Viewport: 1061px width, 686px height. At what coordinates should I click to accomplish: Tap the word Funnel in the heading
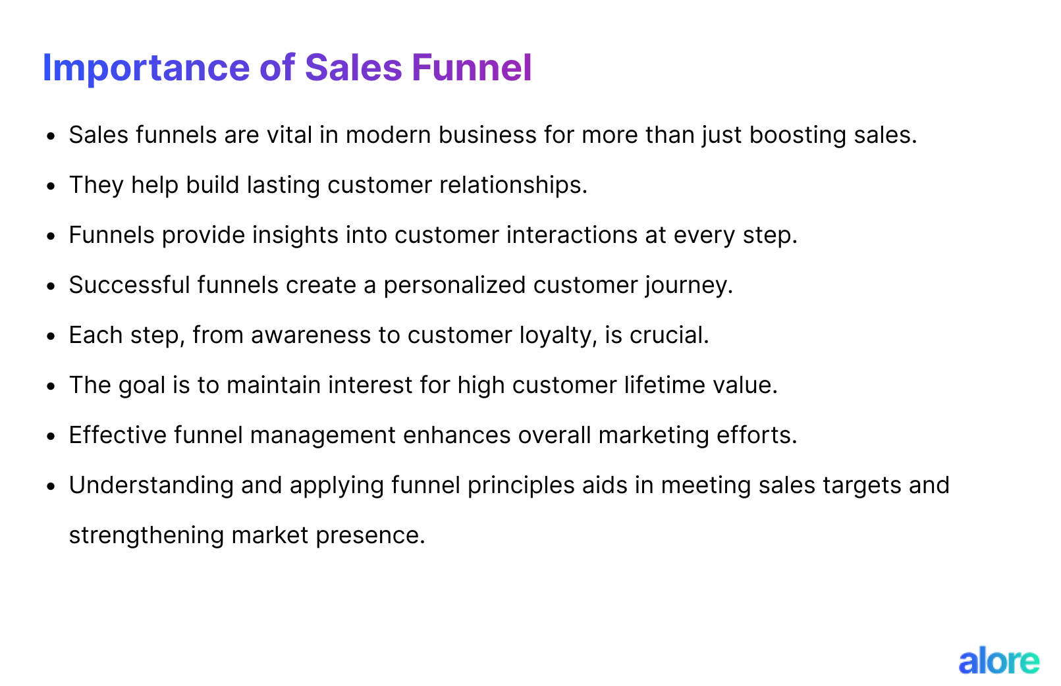click(x=472, y=68)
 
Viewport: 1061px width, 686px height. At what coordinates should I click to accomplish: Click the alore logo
click(x=998, y=661)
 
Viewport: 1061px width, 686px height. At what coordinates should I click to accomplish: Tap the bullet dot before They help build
click(x=51, y=186)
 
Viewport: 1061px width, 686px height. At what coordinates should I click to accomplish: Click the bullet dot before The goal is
click(x=51, y=386)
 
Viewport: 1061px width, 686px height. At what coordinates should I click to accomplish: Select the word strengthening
click(x=147, y=535)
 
